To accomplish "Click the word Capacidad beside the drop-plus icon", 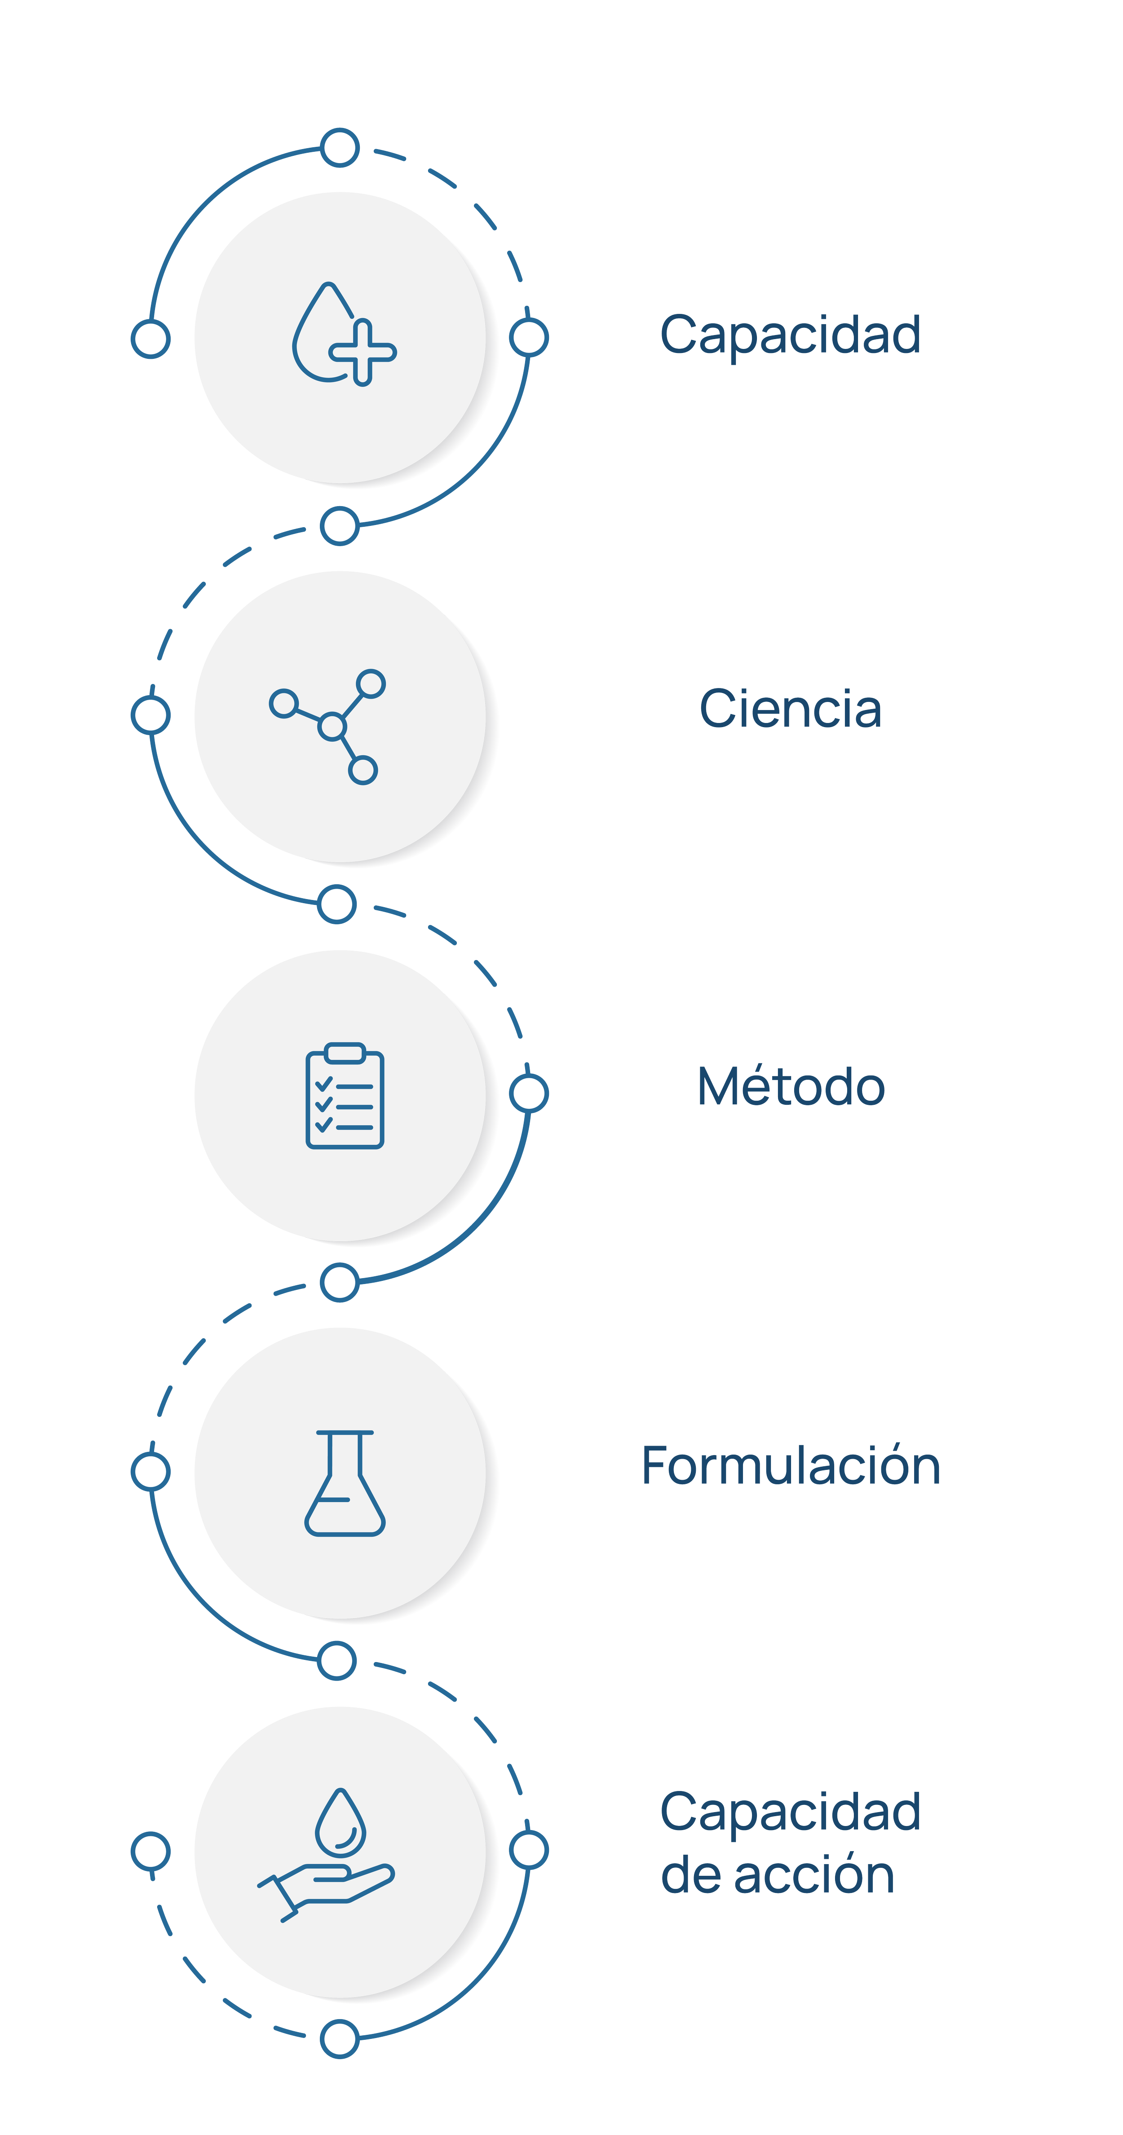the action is [790, 335].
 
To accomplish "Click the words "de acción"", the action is [777, 1875].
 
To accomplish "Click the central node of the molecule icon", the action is [332, 727].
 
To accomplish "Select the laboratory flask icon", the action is [345, 1483].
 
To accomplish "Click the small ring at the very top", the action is [340, 147].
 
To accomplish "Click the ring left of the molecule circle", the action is [151, 715].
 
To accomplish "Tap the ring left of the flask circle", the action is [151, 1472].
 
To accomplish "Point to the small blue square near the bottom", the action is [265, 2033].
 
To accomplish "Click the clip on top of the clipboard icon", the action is [345, 1053].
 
